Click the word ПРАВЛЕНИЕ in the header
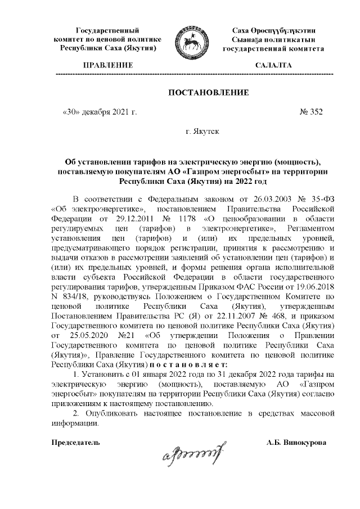tap(107, 66)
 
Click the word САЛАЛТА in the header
tap(273, 66)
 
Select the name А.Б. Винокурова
tap(300, 443)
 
